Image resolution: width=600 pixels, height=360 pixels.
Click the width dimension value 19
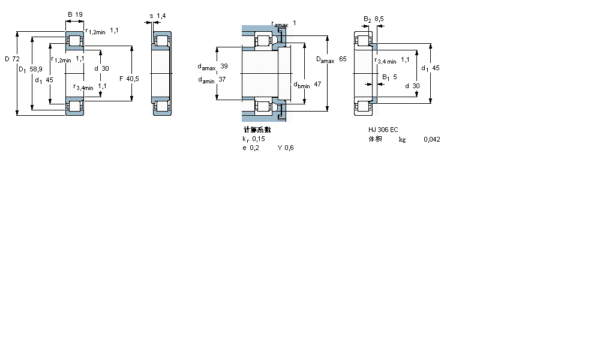click(x=80, y=14)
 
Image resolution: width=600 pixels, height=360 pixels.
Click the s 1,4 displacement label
click(x=158, y=16)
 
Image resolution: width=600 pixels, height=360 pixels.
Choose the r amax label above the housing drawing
click(x=280, y=24)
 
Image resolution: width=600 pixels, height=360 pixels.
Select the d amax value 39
click(x=224, y=65)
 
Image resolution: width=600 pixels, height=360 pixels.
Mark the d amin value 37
click(x=222, y=79)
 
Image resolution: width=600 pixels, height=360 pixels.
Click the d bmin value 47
click(x=317, y=85)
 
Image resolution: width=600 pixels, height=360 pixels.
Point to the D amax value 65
click(x=343, y=59)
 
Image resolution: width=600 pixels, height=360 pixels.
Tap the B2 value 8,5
click(x=379, y=19)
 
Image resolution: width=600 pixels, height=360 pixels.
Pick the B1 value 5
click(x=395, y=77)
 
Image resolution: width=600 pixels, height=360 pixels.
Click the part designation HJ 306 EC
click(x=383, y=130)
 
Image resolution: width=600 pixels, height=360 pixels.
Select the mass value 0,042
click(x=431, y=139)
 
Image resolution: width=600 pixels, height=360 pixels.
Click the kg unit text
click(x=402, y=139)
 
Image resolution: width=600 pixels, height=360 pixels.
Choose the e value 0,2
click(x=255, y=148)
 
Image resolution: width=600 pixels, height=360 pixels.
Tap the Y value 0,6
click(x=289, y=148)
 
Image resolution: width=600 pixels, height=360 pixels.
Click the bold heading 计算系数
click(x=257, y=130)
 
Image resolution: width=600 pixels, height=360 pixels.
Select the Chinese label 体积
click(x=375, y=139)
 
